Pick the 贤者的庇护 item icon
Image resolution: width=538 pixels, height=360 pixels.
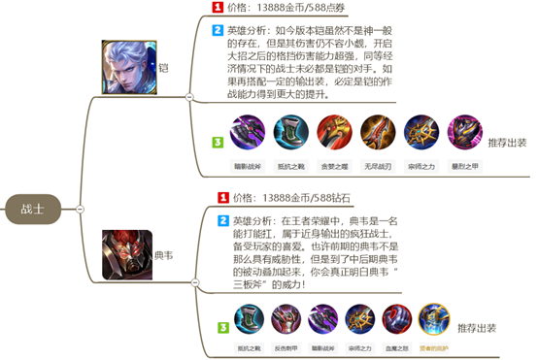coord(433,318)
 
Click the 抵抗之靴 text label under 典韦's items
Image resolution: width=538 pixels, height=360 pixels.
coord(250,346)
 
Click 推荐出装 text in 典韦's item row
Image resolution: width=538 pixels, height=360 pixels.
coord(481,326)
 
